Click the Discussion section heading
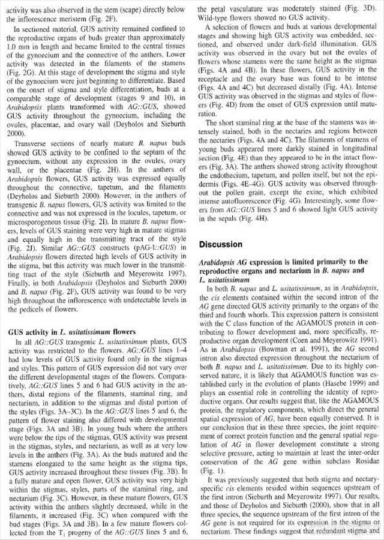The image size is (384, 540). (x=221, y=244)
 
